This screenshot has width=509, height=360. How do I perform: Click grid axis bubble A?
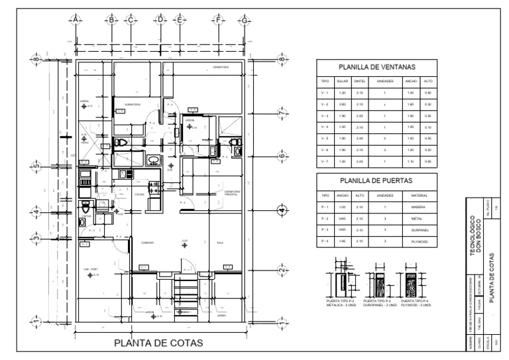[x=76, y=19]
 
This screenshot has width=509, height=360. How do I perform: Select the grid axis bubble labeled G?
[x=245, y=19]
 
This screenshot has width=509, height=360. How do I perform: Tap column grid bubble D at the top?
[x=160, y=19]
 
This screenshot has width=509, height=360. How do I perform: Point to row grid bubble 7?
[x=283, y=113]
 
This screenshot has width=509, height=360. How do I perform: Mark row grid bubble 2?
[x=283, y=270]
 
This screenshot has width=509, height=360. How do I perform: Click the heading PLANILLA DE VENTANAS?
[x=376, y=67]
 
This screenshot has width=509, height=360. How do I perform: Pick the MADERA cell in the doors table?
[x=419, y=208]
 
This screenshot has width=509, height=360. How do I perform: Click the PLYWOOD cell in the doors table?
[x=419, y=241]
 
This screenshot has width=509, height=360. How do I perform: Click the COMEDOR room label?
[x=147, y=243]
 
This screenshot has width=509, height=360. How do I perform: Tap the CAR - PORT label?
[x=90, y=269]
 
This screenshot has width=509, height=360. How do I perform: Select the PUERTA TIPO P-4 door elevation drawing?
[x=409, y=282]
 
